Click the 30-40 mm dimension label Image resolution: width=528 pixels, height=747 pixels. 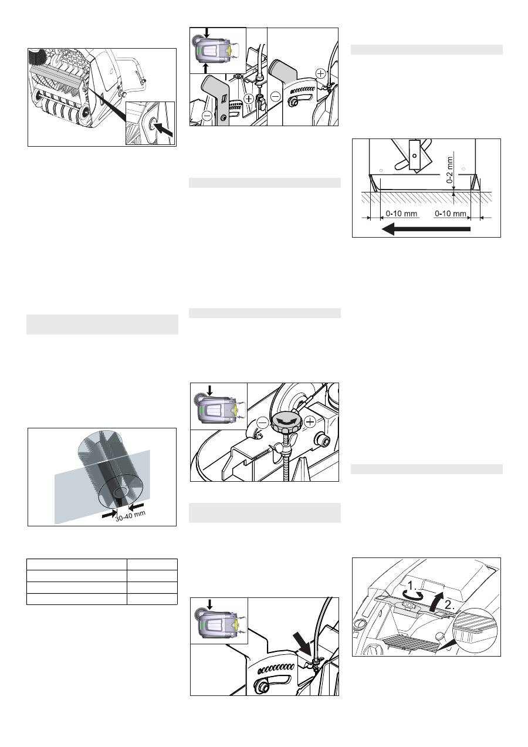point(130,516)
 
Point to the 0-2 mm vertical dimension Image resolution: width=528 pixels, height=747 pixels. point(450,170)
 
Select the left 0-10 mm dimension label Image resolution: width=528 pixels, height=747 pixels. point(401,214)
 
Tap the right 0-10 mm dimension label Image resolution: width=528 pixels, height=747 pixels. point(451,214)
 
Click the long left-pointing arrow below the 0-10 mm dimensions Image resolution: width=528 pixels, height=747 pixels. point(426,229)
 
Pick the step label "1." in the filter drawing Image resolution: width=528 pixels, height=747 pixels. point(413,586)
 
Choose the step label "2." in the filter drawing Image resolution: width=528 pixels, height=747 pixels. point(449,605)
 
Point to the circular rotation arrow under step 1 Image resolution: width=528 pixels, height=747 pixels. point(413,594)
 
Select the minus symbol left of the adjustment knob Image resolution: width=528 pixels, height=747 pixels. point(263,422)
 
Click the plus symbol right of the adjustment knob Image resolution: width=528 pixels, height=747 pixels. point(310,422)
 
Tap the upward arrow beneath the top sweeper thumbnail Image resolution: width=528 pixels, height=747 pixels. point(206,69)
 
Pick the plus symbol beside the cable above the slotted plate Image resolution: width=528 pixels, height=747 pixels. point(320,73)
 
